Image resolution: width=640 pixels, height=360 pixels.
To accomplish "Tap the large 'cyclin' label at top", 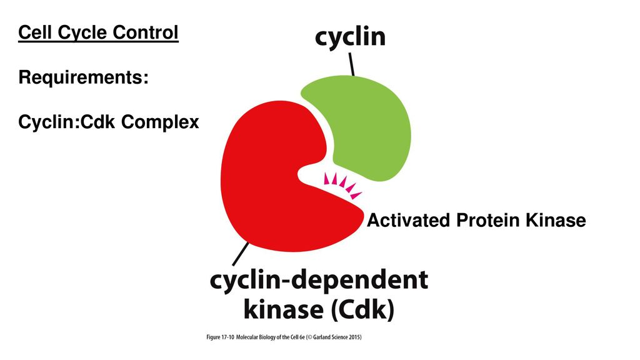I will coord(349,37).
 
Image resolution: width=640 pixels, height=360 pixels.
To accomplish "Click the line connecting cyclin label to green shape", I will coord(352,64).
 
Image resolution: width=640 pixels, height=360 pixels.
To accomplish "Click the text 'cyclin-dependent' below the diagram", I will coord(319,282).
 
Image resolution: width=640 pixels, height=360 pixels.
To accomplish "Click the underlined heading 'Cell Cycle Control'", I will coord(99,32).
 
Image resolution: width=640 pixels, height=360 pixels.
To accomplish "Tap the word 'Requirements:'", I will coord(84,78).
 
